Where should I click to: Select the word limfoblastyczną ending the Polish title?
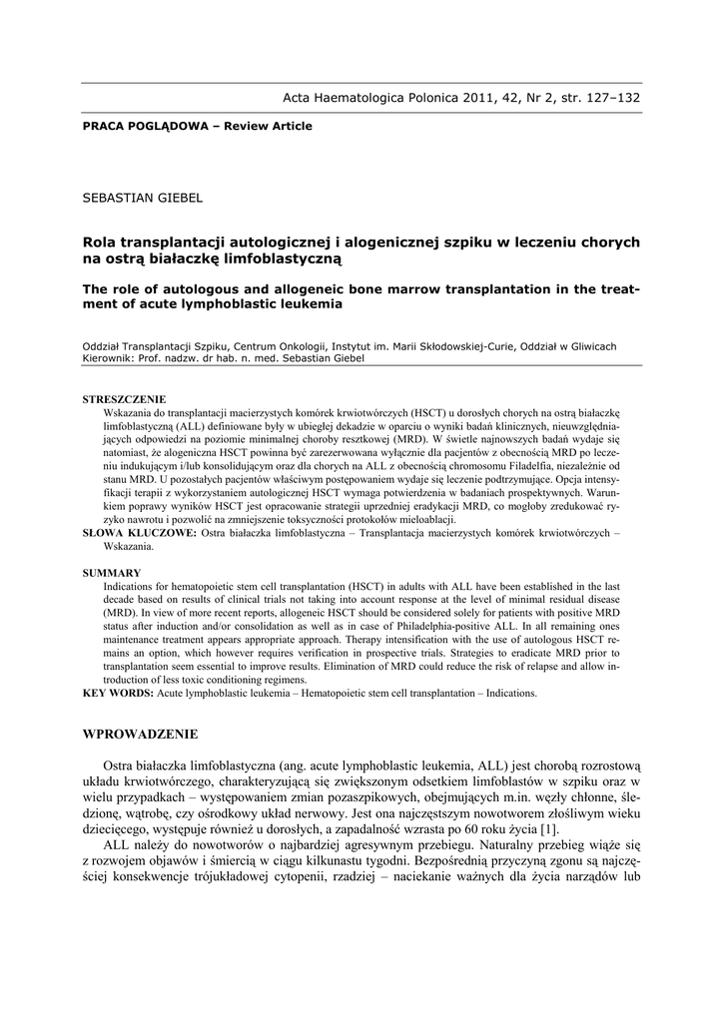[x=279, y=258]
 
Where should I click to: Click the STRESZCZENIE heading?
[x=124, y=399]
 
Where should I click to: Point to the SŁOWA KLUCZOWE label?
[x=139, y=534]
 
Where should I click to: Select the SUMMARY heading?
[x=112, y=573]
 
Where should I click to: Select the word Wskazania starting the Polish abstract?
[x=132, y=411]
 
